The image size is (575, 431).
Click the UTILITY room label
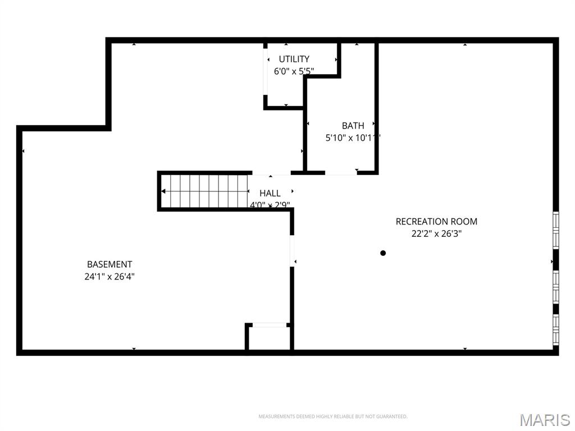coord(294,59)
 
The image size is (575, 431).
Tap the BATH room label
coord(353,126)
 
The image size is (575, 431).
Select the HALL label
coord(270,193)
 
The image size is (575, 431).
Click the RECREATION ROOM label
coord(436,222)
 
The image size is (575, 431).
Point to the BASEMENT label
coord(109,264)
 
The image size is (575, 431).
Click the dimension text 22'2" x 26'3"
coord(436,234)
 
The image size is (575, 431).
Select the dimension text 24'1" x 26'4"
coord(109,276)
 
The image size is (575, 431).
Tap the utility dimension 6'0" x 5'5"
coord(294,71)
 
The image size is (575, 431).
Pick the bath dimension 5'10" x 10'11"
coord(353,137)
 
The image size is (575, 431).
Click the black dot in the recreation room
coord(383,253)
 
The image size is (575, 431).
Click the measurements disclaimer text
coord(332,416)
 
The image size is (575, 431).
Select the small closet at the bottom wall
coord(269,338)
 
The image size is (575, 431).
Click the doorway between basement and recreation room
coord(292,251)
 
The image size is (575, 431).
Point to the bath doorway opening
coord(341,173)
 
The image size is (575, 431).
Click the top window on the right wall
coord(556,229)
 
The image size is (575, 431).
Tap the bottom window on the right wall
coord(556,329)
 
